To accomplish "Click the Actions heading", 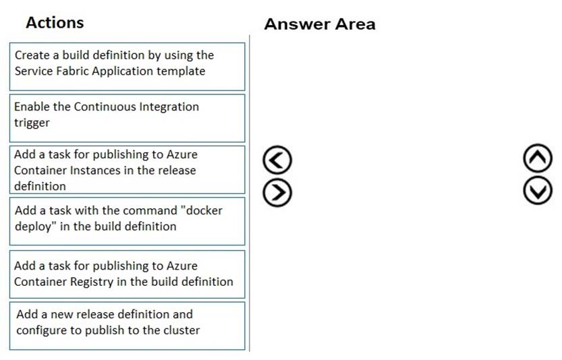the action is [55, 22].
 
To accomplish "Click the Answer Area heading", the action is [320, 24].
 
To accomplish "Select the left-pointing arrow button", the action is [277, 160].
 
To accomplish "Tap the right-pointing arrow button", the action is [277, 192].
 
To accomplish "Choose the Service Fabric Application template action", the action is [128, 67].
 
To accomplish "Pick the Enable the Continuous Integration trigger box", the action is [128, 118].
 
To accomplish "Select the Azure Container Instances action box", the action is [128, 170].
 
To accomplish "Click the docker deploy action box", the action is [128, 221].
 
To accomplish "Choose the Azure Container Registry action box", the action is [128, 274].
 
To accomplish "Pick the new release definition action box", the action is [128, 326].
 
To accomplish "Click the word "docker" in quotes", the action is [202, 210].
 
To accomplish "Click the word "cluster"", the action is [181, 330].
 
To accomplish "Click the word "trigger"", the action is [32, 123].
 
